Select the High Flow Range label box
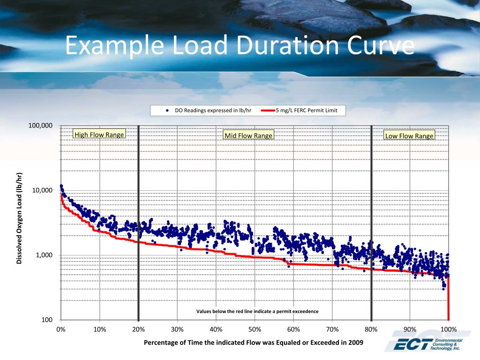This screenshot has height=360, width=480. [x=99, y=135]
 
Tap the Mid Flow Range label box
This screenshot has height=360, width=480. [x=248, y=135]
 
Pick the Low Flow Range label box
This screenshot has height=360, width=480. [x=409, y=136]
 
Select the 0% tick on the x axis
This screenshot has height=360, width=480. [x=61, y=329]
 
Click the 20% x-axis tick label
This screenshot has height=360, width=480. [x=138, y=329]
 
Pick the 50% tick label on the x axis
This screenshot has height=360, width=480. [x=255, y=329]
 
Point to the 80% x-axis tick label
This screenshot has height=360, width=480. [x=371, y=329]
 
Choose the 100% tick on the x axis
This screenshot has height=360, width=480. [x=449, y=329]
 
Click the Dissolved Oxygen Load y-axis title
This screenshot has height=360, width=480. [x=20, y=218]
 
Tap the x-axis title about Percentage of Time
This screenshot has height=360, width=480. [x=254, y=342]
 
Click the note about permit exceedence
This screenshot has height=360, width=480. [x=257, y=311]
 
